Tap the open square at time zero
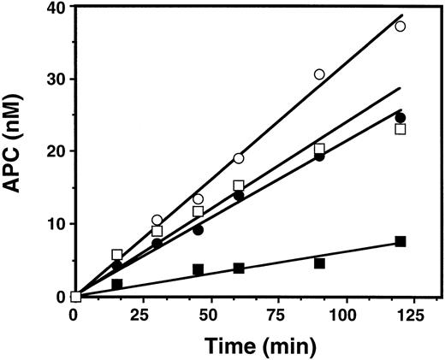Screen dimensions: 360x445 (x=76, y=297)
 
